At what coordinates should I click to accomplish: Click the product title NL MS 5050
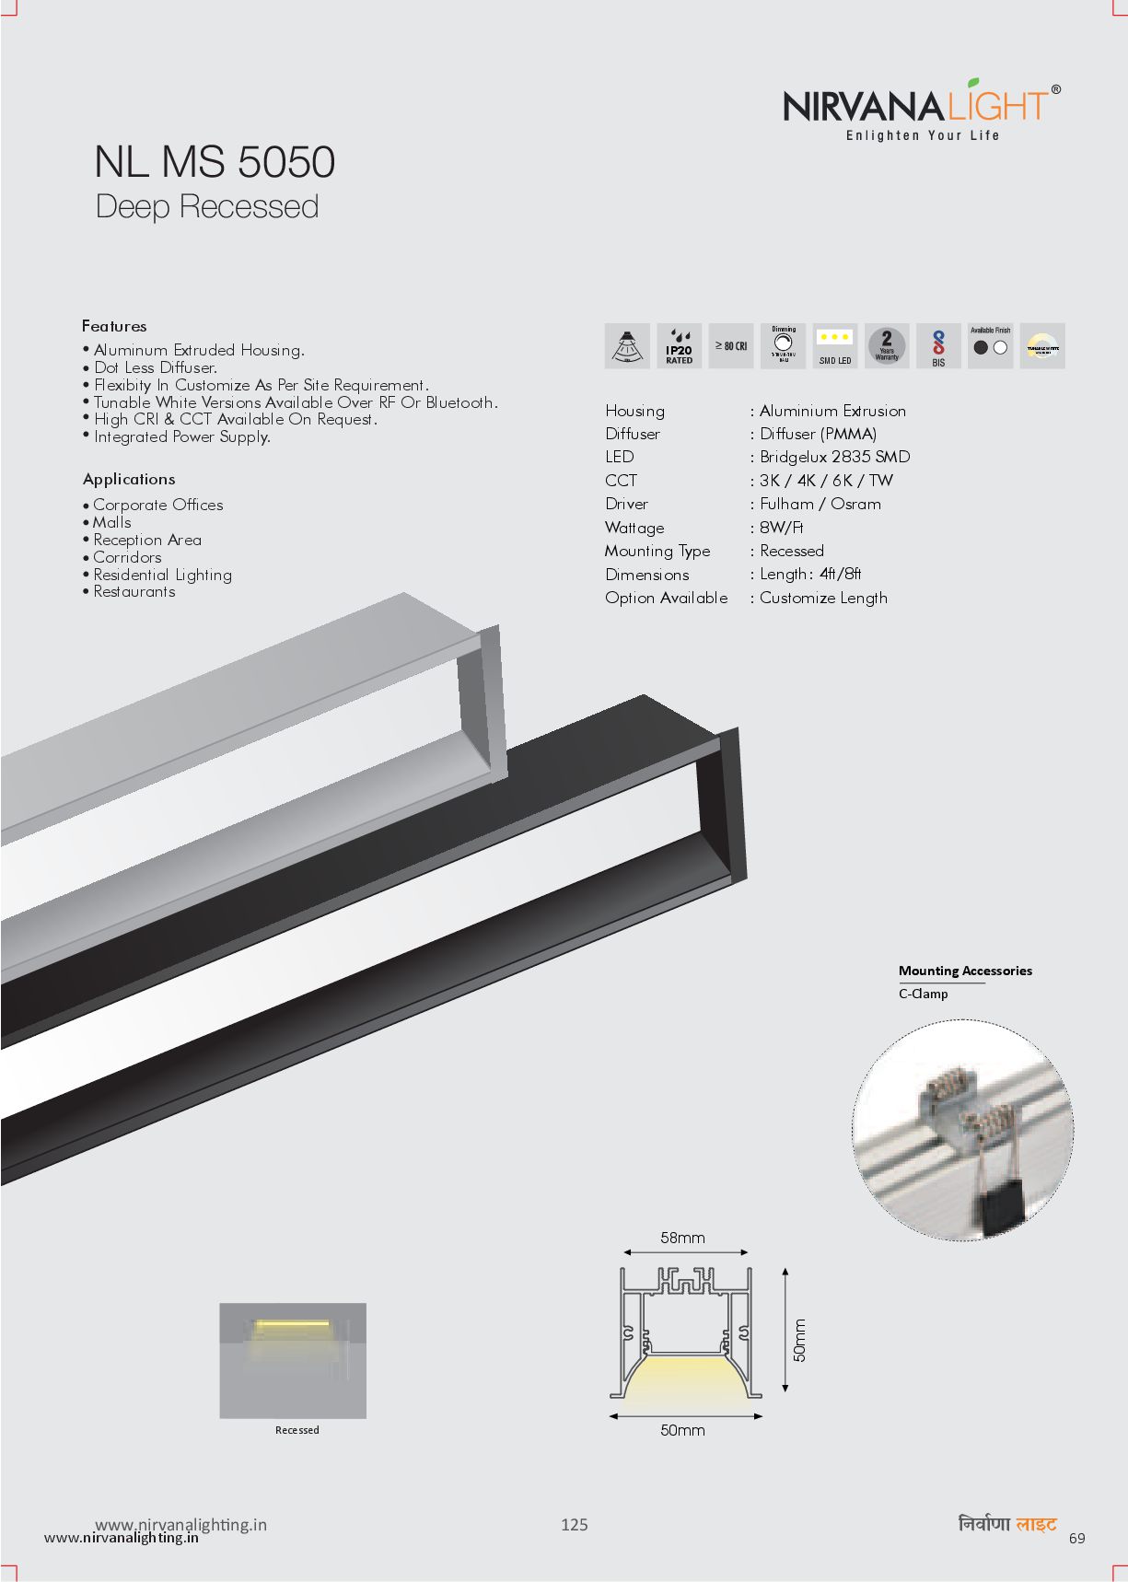coord(215,162)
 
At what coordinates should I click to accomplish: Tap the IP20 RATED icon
coord(680,346)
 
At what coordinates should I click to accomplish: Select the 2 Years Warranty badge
coord(887,346)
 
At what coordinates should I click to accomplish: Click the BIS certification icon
coord(938,347)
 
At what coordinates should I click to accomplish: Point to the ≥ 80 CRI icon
coord(731,346)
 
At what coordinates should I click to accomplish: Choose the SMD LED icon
coord(835,346)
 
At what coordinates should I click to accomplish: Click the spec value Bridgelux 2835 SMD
coord(834,457)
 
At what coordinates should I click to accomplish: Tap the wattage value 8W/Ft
coord(782,528)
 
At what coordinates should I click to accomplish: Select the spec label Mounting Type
coord(657,551)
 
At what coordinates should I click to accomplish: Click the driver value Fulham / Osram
coord(820,504)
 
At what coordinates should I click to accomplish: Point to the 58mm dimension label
coord(682,1239)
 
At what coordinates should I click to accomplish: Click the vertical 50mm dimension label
coord(799,1341)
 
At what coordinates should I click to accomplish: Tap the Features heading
coord(114,326)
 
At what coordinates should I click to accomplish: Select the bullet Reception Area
coord(146,540)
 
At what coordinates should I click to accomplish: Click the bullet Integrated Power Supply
coord(181,436)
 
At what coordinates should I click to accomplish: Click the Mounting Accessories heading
coord(965,971)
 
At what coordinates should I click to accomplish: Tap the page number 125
coord(575,1525)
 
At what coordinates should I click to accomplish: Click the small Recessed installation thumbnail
coord(293,1360)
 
